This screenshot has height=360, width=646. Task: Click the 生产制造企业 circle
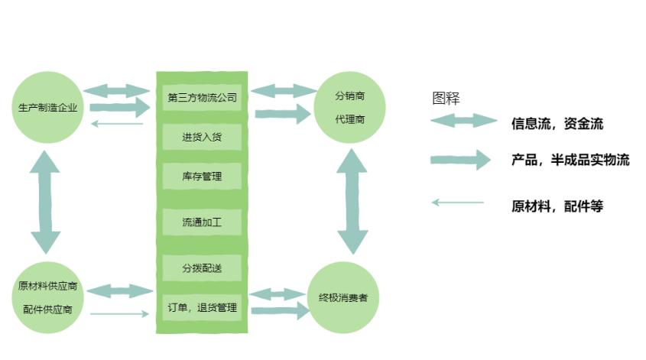point(48,107)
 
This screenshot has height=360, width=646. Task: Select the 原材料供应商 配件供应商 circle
point(48,298)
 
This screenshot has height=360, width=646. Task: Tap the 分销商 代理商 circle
point(350,107)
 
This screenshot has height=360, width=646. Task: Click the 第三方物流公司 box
point(202,97)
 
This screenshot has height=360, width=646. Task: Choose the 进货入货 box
point(202,138)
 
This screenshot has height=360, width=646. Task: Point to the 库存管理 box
point(202,177)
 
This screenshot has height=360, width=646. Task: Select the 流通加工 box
point(202,222)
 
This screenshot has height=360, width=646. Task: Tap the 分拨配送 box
point(202,268)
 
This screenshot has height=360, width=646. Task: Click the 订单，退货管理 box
point(202,308)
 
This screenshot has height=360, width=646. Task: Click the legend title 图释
point(446,98)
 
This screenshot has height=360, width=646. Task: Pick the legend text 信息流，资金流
point(557,123)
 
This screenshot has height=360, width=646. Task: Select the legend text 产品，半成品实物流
point(570,160)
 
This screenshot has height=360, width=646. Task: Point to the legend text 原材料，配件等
point(557,206)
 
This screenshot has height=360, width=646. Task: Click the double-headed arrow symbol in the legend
point(463,121)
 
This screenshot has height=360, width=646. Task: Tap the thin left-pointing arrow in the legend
point(457,203)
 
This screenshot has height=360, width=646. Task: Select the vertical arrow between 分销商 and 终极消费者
point(352,203)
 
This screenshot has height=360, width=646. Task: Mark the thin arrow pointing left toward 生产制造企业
point(116,124)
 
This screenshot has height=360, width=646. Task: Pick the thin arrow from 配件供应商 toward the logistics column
point(118,313)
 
